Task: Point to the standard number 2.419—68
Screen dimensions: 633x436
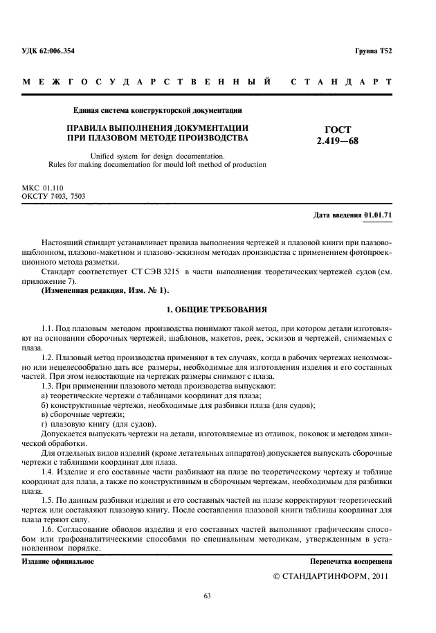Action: [332, 142]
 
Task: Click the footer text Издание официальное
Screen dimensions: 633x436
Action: [58, 562]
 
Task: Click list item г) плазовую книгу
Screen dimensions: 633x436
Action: [99, 423]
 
